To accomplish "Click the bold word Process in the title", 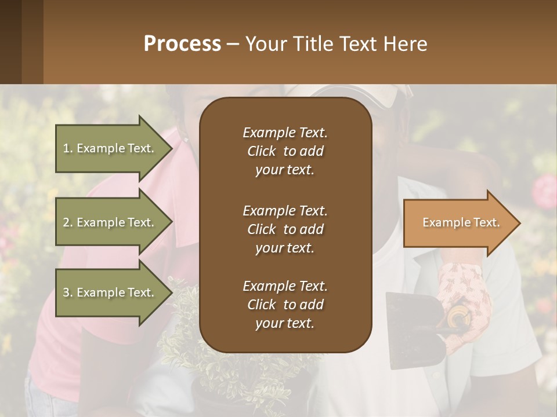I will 182,44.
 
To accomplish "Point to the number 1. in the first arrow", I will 68,148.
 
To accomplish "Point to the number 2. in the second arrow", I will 68,222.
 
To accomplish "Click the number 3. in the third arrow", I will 68,293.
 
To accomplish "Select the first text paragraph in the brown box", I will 285,151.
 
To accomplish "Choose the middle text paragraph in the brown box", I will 285,229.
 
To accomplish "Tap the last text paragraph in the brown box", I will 285,305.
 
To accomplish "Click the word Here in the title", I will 406,44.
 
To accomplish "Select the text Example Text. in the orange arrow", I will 461,222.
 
